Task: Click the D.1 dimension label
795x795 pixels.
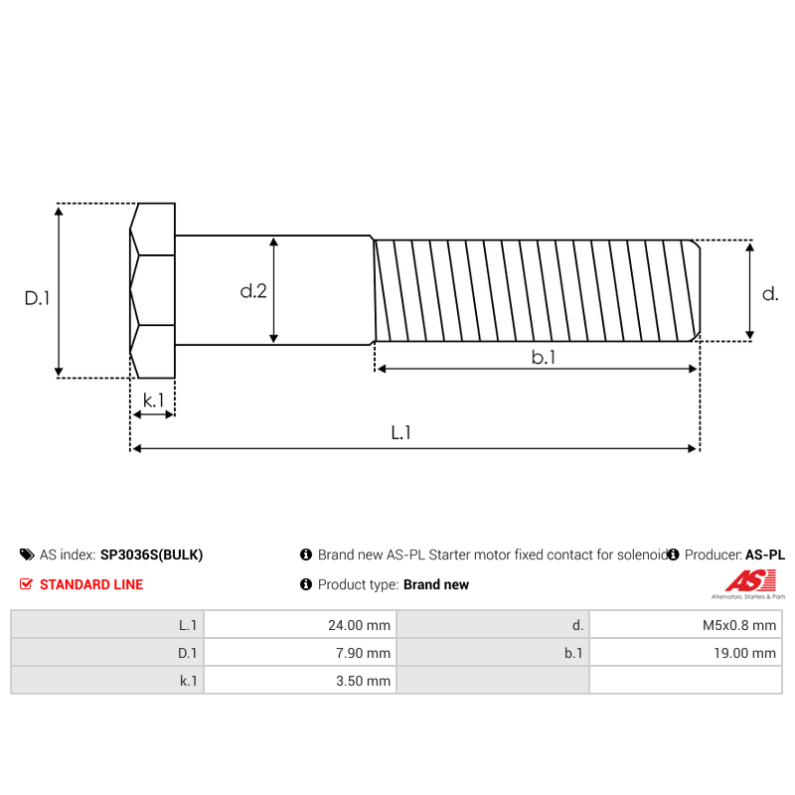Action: coord(38,298)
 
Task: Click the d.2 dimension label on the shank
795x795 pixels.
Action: coord(253,291)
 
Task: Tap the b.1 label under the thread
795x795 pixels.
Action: coord(543,358)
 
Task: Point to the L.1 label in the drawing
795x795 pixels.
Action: coord(400,433)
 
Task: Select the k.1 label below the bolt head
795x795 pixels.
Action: coord(153,399)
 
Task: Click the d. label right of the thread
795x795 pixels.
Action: coord(770,293)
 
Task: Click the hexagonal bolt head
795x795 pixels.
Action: coord(152,290)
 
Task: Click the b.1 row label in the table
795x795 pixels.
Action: coord(572,653)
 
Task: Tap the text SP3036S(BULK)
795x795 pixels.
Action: coord(151,556)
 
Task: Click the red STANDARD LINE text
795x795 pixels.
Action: coord(90,584)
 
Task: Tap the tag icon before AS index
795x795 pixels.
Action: coord(27,556)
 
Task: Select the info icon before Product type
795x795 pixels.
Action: coord(306,584)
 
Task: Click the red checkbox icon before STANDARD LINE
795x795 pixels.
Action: coord(27,584)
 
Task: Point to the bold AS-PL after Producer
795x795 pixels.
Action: coord(765,556)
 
